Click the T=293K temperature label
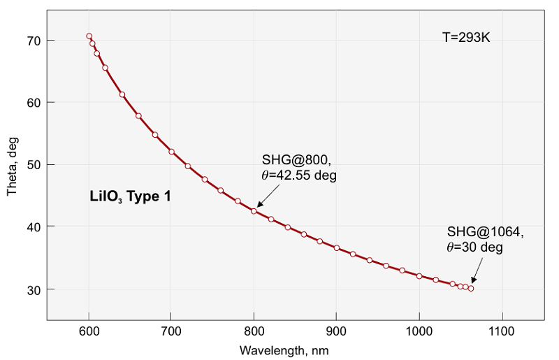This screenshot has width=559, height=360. tap(467, 37)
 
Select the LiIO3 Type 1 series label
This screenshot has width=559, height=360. tap(130, 197)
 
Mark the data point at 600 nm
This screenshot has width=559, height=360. tap(89, 36)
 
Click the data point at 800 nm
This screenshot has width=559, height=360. tap(254, 211)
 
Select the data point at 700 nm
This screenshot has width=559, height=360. tap(171, 152)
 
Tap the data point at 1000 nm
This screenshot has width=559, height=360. tap(419, 276)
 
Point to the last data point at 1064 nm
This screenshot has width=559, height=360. tap(471, 288)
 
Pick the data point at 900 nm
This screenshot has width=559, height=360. tap(337, 248)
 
